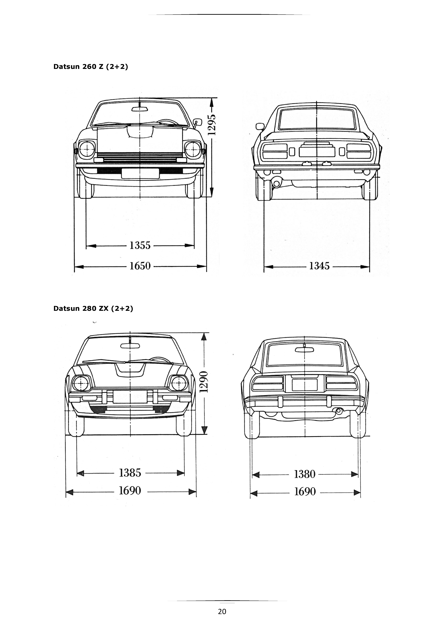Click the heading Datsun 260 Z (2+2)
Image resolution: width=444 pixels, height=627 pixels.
pos(91,67)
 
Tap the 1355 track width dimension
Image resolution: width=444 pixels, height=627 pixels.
pos(140,245)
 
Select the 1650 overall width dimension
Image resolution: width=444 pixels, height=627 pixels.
pos(140,266)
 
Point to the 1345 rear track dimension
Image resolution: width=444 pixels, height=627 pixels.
pos(319,266)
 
